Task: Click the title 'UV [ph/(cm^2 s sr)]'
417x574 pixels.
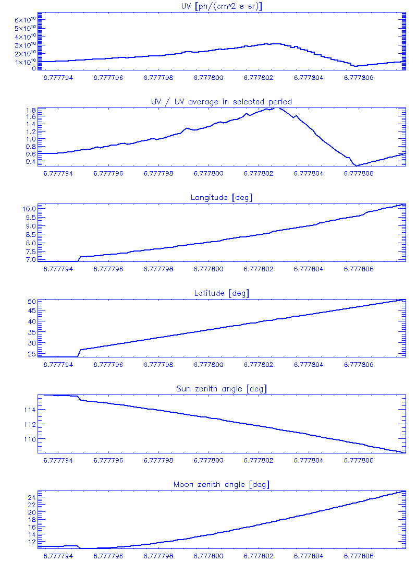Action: (221, 6)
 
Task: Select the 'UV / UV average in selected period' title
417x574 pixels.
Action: (221, 102)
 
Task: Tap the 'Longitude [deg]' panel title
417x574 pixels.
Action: (221, 197)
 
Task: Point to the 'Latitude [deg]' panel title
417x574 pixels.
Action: (221, 293)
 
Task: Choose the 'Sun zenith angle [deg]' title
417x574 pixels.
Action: (221, 389)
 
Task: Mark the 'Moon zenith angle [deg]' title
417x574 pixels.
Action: (221, 485)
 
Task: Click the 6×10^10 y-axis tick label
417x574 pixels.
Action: (24, 20)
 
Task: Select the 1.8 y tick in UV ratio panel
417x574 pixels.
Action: (30, 111)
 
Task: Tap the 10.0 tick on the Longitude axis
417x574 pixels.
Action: (28, 209)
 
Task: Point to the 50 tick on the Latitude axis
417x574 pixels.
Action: (31, 302)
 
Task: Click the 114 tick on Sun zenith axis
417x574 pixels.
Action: (28, 410)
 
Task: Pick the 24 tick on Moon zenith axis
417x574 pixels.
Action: (31, 498)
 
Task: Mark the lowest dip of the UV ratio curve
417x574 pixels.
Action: (356, 166)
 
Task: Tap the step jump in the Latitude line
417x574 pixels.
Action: (79, 353)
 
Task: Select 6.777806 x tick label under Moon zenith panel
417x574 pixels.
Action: (359, 556)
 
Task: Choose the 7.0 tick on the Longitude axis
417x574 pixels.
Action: (30, 259)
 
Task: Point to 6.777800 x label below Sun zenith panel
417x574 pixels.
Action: (208, 461)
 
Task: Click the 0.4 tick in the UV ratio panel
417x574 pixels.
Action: (30, 161)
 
